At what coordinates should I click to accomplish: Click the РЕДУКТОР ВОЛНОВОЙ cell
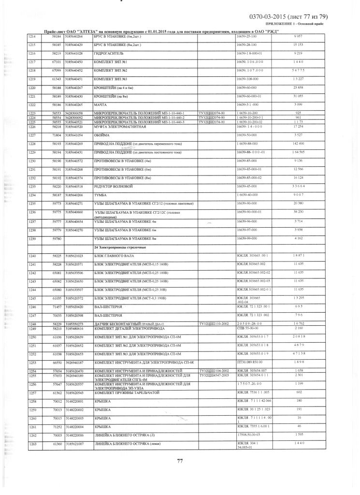(113, 186)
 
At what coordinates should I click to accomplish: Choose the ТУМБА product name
(101, 195)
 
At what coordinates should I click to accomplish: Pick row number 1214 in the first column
(32, 36)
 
